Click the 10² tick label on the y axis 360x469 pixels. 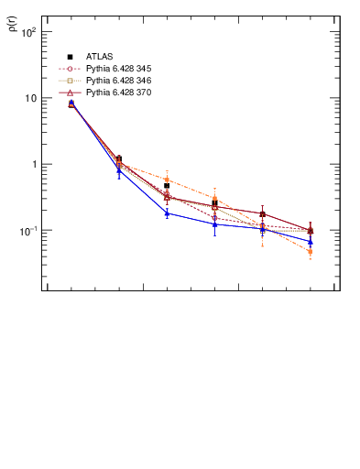[x=28, y=32]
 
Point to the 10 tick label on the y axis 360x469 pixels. [x=30, y=98]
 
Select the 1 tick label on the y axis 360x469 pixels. [x=33, y=165]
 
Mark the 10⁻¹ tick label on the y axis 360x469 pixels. [x=28, y=231]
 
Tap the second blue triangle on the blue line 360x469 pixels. [x=119, y=170]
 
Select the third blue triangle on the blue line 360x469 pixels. [x=167, y=213]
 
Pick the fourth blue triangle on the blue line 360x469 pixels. [x=214, y=224]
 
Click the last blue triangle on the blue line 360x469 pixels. [x=311, y=242]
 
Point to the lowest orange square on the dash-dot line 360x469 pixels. [x=311, y=252]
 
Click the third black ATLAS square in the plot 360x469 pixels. [x=167, y=186]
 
